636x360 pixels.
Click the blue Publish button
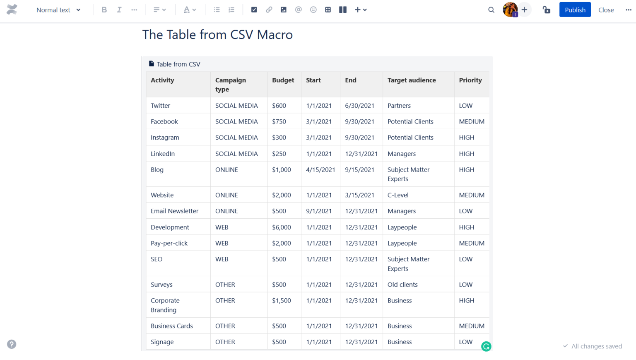[x=575, y=10]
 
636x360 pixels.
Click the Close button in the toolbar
[x=606, y=10]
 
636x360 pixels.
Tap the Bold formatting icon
[x=104, y=10]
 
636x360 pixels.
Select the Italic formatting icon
[x=119, y=10]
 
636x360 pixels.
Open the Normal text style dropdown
[x=58, y=10]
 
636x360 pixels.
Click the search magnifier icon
[x=491, y=10]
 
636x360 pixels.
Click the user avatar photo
[x=510, y=10]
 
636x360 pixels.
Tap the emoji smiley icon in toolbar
[x=313, y=10]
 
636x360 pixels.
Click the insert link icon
[x=269, y=10]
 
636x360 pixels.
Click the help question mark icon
[x=12, y=344]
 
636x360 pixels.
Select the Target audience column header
[x=412, y=80]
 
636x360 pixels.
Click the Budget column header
[x=283, y=80]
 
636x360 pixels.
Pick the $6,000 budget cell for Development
[x=282, y=227]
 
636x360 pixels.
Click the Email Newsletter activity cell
[x=174, y=211]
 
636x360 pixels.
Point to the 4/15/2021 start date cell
[x=320, y=170]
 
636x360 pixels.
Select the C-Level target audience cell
[x=398, y=195]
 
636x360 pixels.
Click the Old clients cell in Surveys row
[x=402, y=285]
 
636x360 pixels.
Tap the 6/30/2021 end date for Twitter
[x=359, y=106]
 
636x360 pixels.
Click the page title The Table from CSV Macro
[x=217, y=35]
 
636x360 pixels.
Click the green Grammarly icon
[x=486, y=346]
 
